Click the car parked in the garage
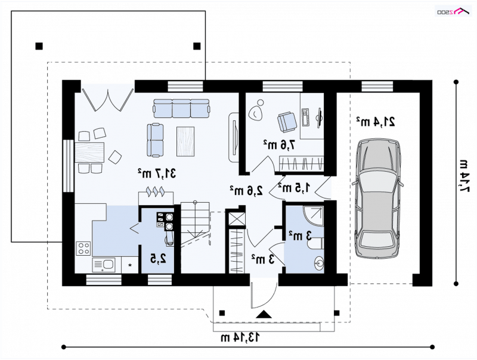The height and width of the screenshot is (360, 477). click(377, 199)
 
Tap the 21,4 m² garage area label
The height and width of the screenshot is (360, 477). click(376, 122)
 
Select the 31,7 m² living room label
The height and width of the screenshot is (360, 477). click(157, 173)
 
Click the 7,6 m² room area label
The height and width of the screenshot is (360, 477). click(279, 145)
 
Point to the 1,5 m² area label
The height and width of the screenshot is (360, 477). click(295, 188)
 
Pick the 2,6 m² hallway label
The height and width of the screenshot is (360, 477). click(246, 190)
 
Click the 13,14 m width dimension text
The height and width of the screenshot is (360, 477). click(240, 337)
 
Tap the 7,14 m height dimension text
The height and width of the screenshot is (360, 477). click(464, 176)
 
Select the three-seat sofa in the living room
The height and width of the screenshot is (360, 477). click(182, 108)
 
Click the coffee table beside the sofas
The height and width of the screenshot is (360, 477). click(185, 142)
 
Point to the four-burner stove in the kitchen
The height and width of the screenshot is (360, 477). click(83, 248)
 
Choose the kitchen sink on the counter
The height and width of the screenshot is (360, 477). click(103, 265)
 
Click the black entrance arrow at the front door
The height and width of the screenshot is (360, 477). click(264, 314)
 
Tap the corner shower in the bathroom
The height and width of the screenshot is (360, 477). click(314, 216)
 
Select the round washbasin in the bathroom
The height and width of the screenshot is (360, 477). click(318, 262)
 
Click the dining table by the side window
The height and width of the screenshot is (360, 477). click(89, 153)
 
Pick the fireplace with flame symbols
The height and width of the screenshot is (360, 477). click(156, 197)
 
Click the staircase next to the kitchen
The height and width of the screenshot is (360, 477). click(195, 224)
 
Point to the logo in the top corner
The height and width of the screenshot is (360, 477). click(453, 11)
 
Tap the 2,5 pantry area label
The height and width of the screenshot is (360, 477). click(158, 259)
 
